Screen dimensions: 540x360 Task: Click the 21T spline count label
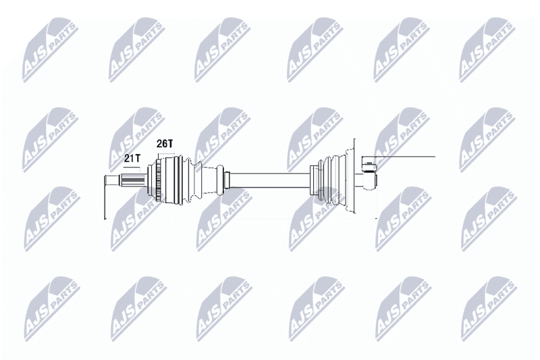click(x=132, y=159)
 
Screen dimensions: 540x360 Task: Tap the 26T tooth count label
click(x=164, y=144)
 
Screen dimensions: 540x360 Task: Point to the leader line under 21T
click(x=132, y=167)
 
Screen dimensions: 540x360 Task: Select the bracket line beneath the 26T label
click(x=166, y=153)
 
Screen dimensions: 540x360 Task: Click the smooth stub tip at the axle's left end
click(x=112, y=181)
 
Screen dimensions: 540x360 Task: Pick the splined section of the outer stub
click(x=133, y=181)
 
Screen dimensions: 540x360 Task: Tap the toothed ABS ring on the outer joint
click(x=159, y=181)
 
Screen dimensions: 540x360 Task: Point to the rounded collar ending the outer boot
click(x=221, y=181)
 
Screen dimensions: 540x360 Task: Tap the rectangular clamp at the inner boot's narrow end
click(x=315, y=180)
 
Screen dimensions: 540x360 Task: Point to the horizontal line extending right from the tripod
click(x=406, y=157)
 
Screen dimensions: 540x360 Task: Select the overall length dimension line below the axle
click(x=240, y=218)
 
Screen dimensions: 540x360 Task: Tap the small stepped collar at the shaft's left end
click(x=227, y=181)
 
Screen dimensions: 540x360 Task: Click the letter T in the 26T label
click(x=169, y=144)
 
